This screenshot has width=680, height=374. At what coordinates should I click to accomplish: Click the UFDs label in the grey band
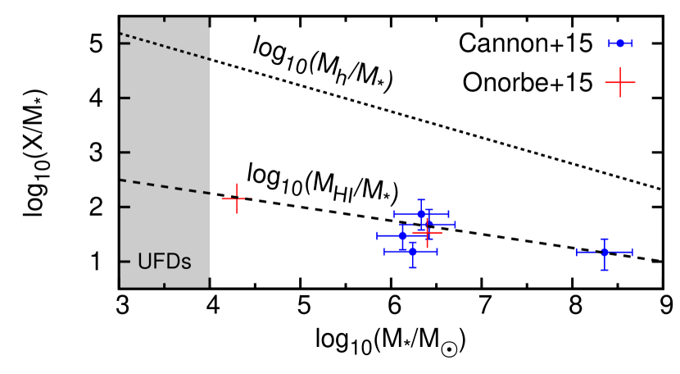(x=164, y=262)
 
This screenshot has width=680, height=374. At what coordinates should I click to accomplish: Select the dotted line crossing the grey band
(x=165, y=46)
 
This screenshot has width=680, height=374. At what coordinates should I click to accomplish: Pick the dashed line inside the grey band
(x=165, y=186)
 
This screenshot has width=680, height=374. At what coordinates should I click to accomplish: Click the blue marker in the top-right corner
(x=620, y=43)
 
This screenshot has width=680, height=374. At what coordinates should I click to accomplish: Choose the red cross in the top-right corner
(x=620, y=82)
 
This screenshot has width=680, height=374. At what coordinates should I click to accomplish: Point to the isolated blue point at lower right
(x=605, y=252)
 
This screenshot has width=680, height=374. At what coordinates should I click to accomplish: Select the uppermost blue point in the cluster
(x=421, y=213)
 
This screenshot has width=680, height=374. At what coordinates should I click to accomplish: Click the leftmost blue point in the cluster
(x=402, y=235)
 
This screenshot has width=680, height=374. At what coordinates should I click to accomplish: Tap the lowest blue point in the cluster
(x=413, y=251)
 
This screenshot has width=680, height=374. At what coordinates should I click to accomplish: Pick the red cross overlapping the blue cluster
(x=427, y=232)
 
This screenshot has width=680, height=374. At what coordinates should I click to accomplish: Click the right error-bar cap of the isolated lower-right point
(x=632, y=252)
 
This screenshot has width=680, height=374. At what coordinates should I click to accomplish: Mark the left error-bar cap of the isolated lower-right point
(x=578, y=252)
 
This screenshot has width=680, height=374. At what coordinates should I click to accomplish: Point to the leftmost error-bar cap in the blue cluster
(x=377, y=235)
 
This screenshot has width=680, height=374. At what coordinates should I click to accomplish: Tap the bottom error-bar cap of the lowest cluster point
(x=413, y=267)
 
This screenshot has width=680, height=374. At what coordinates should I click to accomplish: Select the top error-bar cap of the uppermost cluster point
(x=421, y=199)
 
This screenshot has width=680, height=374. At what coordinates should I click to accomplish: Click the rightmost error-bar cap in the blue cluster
(x=455, y=224)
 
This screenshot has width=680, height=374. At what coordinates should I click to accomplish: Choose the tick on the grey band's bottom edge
(x=165, y=285)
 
